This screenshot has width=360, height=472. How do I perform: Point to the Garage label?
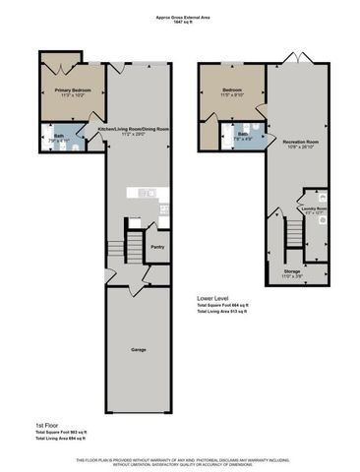click(x=139, y=349)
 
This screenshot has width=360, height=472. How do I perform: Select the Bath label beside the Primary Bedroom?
click(x=59, y=137)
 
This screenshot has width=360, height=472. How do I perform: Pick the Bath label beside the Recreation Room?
click(x=243, y=134)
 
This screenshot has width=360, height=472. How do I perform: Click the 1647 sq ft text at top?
click(x=180, y=22)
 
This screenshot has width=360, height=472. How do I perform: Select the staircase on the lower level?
click(x=292, y=235)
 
